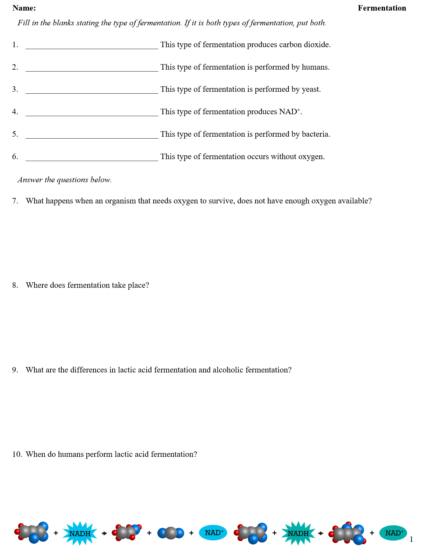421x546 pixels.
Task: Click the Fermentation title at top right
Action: click(x=382, y=8)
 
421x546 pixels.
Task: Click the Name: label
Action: click(x=24, y=8)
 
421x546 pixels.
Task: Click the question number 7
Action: click(x=15, y=201)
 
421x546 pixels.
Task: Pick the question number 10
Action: click(x=17, y=454)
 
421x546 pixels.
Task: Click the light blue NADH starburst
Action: click(x=80, y=533)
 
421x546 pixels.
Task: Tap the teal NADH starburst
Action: click(x=298, y=533)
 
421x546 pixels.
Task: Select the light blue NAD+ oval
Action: click(x=213, y=533)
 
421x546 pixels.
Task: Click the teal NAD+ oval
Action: click(x=393, y=533)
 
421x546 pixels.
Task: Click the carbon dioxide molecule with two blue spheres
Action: click(x=171, y=533)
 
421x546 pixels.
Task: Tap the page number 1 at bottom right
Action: click(x=411, y=540)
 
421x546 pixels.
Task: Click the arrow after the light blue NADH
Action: click(x=104, y=533)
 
